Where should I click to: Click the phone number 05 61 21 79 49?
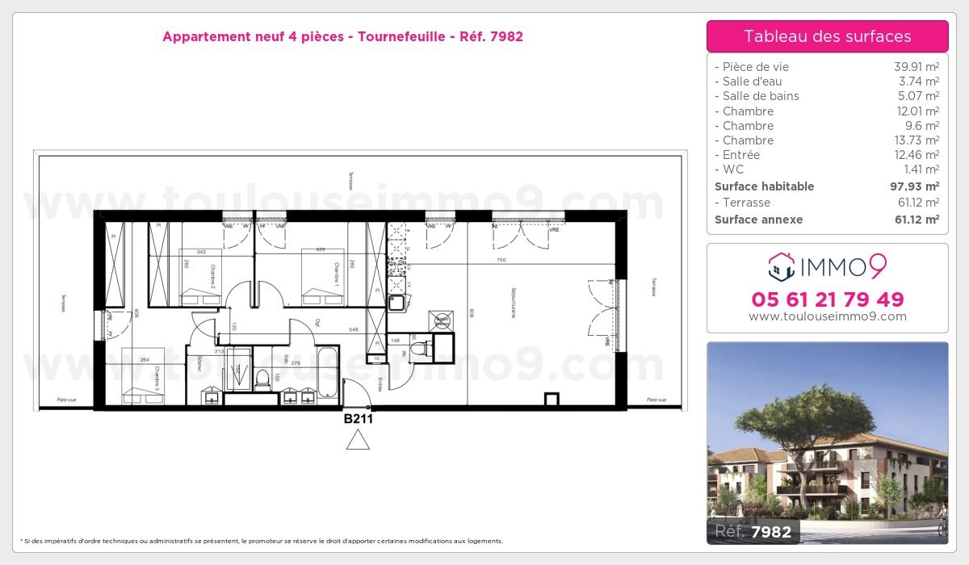pos(827,299)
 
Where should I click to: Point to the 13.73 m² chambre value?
pos(918,140)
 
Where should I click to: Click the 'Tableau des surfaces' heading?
pos(827,36)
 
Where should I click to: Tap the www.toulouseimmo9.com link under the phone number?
pos(827,316)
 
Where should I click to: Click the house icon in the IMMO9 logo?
pos(781,264)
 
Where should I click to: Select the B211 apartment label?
pos(358,419)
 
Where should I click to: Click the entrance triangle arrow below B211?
pos(358,440)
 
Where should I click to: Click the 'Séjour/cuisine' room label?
pos(513,303)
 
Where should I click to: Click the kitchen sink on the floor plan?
pos(397,303)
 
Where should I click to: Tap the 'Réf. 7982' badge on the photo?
pos(753,531)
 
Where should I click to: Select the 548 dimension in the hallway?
pos(353,330)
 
